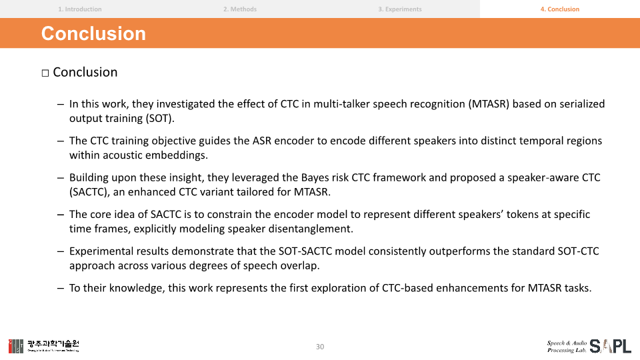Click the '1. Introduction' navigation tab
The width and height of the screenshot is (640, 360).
point(79,9)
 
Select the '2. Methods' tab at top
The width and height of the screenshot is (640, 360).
point(240,9)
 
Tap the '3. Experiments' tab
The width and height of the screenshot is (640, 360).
point(399,9)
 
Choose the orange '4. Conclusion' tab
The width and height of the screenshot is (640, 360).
point(559,9)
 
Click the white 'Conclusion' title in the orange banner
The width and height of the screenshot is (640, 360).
point(93,33)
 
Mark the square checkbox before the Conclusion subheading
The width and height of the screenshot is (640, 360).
point(45,73)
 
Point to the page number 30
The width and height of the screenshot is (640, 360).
point(320,347)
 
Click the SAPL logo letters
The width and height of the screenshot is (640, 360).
point(610,346)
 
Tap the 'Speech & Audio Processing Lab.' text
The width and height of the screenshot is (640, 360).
point(567,347)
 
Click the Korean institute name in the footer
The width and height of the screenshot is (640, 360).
point(53,345)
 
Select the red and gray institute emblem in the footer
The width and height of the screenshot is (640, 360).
point(16,346)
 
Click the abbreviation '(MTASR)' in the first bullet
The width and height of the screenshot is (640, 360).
point(489,104)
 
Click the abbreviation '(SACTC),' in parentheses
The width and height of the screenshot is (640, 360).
point(89,192)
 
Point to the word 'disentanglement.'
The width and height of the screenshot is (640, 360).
point(311,229)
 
